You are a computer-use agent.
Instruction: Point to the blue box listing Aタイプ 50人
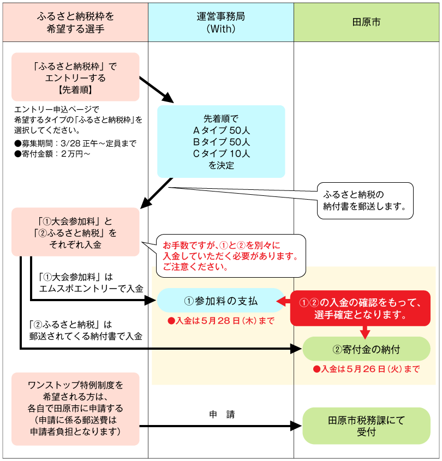(221, 141)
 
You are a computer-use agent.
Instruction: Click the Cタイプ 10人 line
(221, 154)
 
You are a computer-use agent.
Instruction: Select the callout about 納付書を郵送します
(364, 201)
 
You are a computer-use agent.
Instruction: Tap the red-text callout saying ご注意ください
(229, 255)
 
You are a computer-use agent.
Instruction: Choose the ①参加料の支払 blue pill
(221, 301)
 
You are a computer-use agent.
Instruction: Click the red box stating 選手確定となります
(360, 309)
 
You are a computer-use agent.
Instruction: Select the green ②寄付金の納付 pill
(366, 349)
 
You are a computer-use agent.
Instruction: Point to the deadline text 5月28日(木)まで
(221, 321)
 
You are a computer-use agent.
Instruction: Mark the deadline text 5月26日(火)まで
(366, 369)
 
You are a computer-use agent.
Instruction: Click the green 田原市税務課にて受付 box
(366, 426)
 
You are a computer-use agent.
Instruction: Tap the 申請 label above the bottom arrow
(222, 414)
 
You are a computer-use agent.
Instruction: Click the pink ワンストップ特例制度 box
(75, 409)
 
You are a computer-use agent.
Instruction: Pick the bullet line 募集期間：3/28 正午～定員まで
(75, 143)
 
